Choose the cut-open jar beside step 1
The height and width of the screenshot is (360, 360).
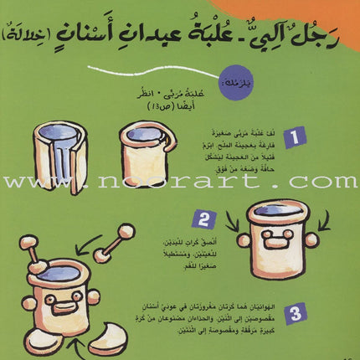tap(59, 158)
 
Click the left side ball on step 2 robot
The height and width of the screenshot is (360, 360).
tap(244, 240)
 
